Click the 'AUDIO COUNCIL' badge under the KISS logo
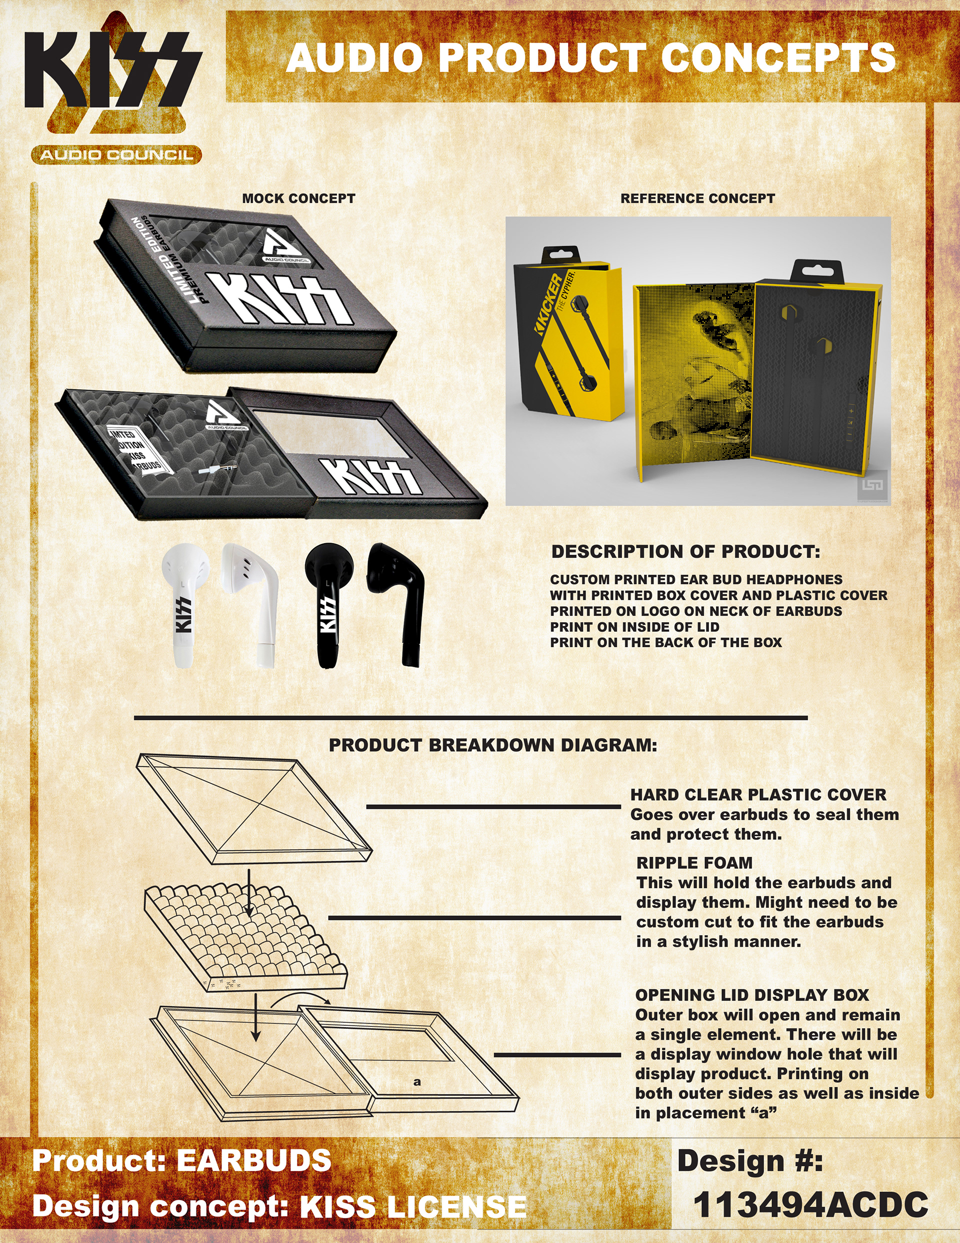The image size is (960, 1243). click(x=116, y=155)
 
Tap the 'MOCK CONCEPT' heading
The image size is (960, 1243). click(x=299, y=199)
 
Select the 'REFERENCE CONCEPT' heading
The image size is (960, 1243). click(x=697, y=199)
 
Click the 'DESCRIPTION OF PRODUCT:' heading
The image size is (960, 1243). click(x=685, y=552)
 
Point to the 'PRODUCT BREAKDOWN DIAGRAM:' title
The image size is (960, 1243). click(x=493, y=746)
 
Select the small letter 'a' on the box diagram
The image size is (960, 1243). click(x=417, y=1082)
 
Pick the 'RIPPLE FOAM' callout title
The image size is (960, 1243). click(x=694, y=863)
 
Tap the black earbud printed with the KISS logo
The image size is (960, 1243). click(x=328, y=606)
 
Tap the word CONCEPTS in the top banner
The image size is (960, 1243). click(x=778, y=58)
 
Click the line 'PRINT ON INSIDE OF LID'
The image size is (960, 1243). click(x=634, y=627)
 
